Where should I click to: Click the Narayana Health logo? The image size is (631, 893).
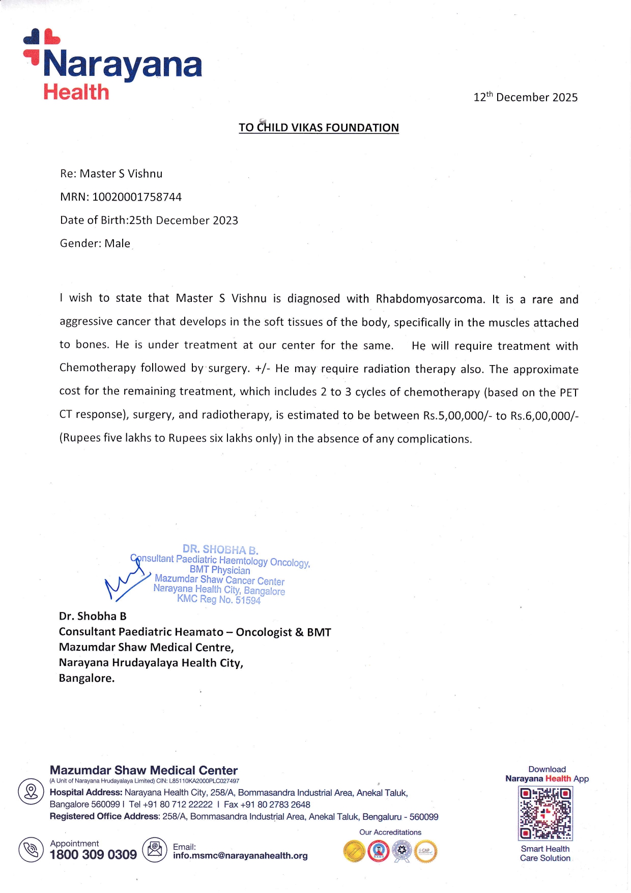tap(112, 65)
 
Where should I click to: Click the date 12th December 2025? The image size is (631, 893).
tap(525, 97)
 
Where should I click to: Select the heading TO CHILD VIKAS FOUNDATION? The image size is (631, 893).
tap(319, 128)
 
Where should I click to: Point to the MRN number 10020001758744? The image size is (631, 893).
tap(136, 197)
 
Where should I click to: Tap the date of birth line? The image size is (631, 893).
tap(149, 220)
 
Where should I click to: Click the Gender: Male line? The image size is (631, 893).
tap(95, 243)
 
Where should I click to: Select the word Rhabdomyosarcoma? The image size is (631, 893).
tap(430, 299)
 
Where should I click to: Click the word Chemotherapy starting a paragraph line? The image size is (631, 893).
tap(97, 368)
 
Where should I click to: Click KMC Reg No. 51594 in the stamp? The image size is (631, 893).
tap(219, 599)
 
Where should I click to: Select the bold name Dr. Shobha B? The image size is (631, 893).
tap(93, 616)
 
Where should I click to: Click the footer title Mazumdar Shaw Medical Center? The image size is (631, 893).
tap(144, 770)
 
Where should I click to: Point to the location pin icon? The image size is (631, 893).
tap(31, 792)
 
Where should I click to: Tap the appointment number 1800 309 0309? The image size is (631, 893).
tap(93, 855)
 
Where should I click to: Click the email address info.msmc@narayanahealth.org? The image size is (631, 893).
tap(240, 856)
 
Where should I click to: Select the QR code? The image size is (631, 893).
tap(545, 813)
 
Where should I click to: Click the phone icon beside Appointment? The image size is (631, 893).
tap(31, 850)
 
